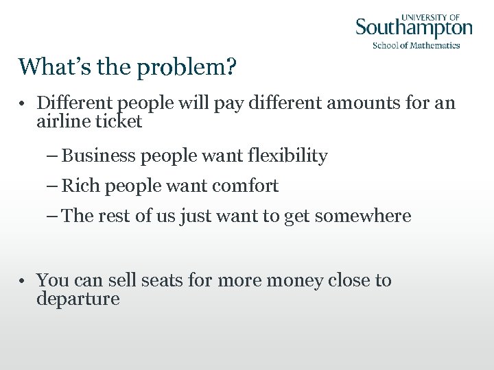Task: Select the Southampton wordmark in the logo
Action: pos(414,29)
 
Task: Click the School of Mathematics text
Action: pos(416,45)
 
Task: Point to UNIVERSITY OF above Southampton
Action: pos(430,16)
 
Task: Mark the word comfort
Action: pos(248,186)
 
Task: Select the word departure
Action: pos(78,299)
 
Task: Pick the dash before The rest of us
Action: pos(53,217)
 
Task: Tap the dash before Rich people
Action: pos(53,186)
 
